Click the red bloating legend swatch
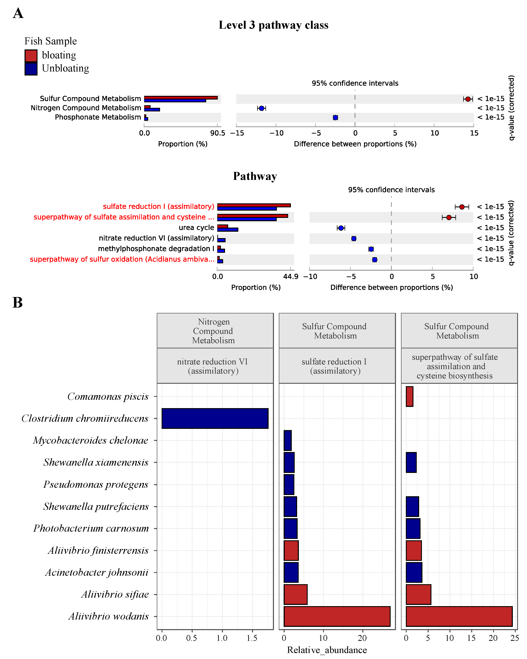[31, 56]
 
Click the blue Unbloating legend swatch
[31, 69]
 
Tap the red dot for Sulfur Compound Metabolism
[468, 99]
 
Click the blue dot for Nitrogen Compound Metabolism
[261, 108]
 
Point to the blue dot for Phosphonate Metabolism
[335, 117]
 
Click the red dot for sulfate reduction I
[462, 207]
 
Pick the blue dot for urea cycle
[341, 228]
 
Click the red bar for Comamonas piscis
[409, 396]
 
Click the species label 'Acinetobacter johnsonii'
[97, 572]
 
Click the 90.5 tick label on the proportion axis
[218, 133]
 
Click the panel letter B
[17, 303]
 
